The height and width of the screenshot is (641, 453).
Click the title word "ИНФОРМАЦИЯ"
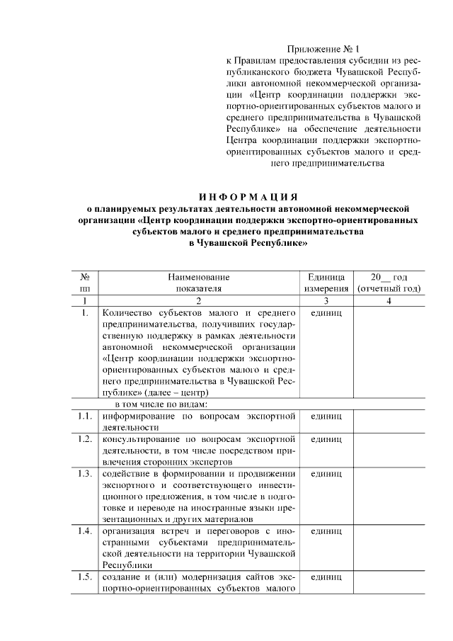point(248,196)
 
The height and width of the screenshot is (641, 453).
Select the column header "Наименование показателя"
point(199,283)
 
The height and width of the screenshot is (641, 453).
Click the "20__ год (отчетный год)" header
point(389,283)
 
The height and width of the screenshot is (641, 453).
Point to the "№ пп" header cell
point(84,283)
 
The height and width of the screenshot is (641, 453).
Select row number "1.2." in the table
point(84,440)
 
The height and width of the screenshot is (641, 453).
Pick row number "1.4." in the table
point(84,531)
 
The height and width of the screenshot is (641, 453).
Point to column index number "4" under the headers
point(389,301)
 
